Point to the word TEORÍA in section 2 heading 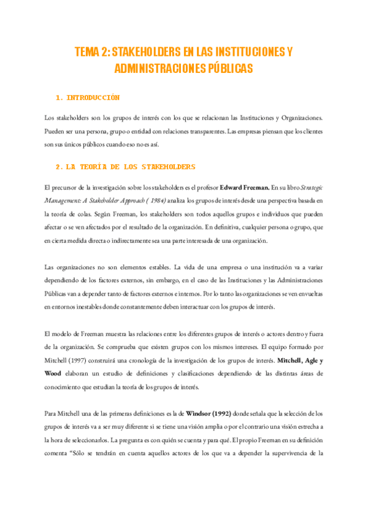(99, 166)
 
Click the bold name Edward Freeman (244, 186)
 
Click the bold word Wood (53, 373)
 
